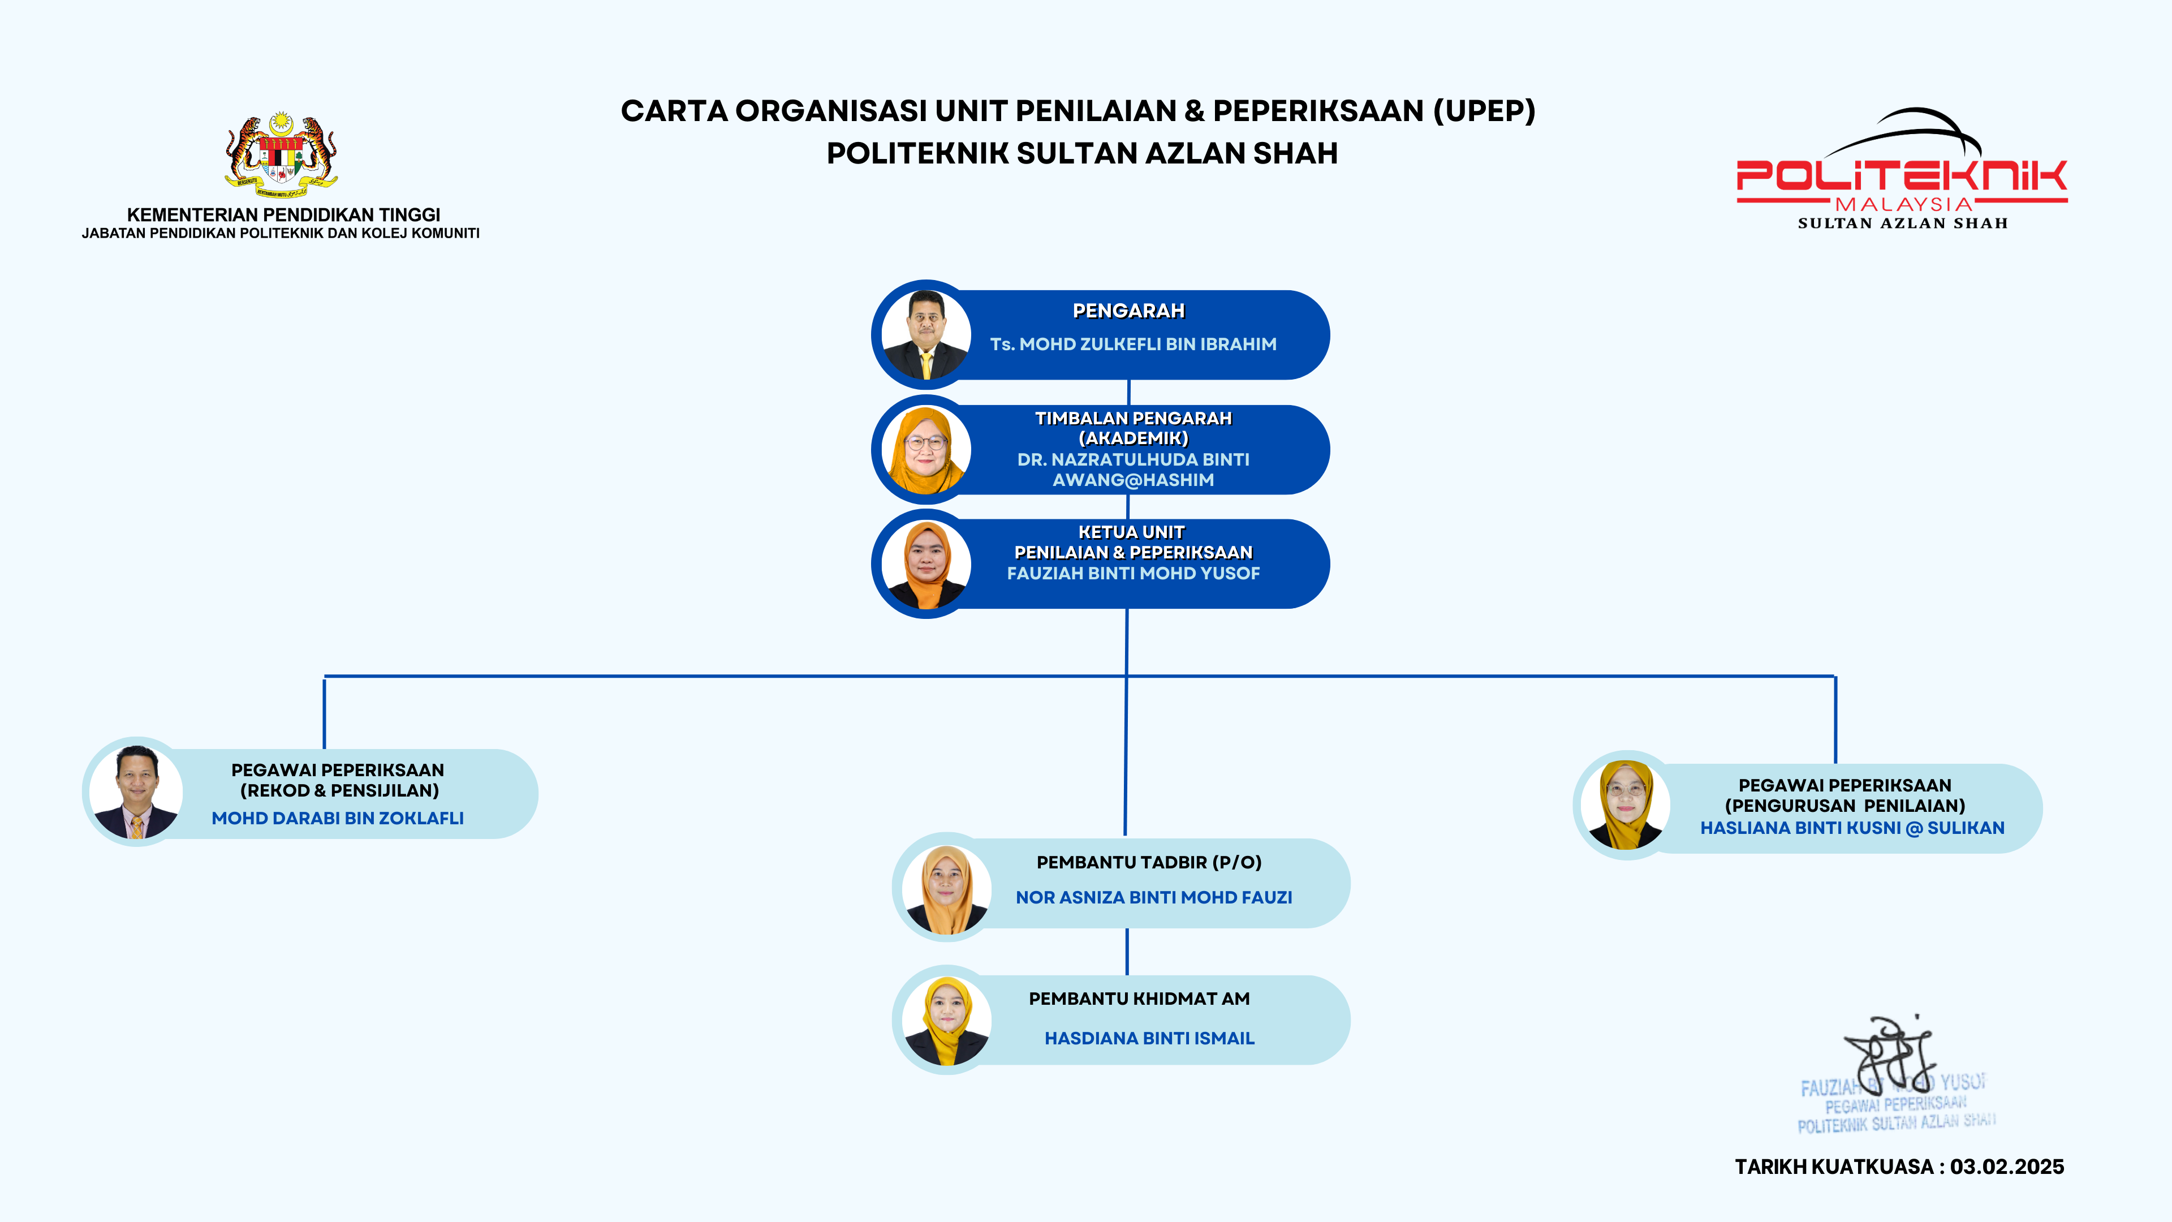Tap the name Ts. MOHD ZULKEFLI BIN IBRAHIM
point(1132,344)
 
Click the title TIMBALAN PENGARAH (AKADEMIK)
point(1132,428)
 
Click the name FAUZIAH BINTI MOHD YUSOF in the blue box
point(1132,574)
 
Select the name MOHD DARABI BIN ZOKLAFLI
point(337,818)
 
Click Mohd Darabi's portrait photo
point(136,792)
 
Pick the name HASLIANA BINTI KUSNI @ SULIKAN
point(1852,828)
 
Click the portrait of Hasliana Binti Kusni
point(1626,804)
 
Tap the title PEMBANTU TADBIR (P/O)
point(1148,862)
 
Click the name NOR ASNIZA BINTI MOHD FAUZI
point(1153,897)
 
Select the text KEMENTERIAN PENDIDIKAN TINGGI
point(283,215)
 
